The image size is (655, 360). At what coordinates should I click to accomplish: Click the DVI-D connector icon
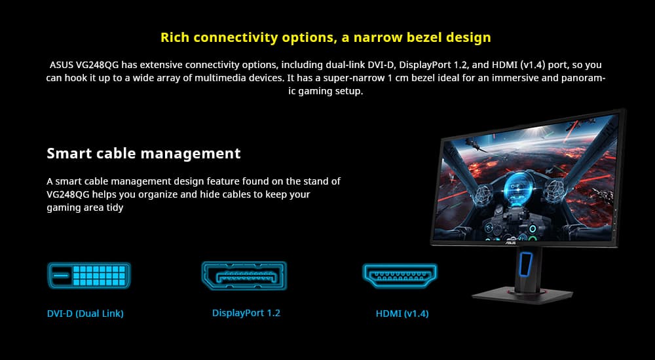coord(89,276)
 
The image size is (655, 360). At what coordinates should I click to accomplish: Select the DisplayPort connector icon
coord(244,276)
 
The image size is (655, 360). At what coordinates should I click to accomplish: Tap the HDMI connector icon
coord(400,276)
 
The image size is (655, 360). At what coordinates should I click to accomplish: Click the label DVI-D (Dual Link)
coord(85,314)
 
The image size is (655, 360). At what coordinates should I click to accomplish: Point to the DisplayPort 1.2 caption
coord(246,313)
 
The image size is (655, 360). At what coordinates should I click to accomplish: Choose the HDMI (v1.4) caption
coord(402,314)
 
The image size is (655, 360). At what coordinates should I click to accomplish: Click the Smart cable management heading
coord(143,153)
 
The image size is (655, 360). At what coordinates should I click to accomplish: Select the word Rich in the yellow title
coord(175,37)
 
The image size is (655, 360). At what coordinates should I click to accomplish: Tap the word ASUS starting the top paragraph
coord(62,65)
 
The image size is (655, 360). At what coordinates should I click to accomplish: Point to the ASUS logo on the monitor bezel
coord(511,242)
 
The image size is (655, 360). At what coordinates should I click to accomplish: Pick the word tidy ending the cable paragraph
coord(115,208)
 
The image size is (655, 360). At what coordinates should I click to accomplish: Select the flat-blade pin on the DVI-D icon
coord(61,276)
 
